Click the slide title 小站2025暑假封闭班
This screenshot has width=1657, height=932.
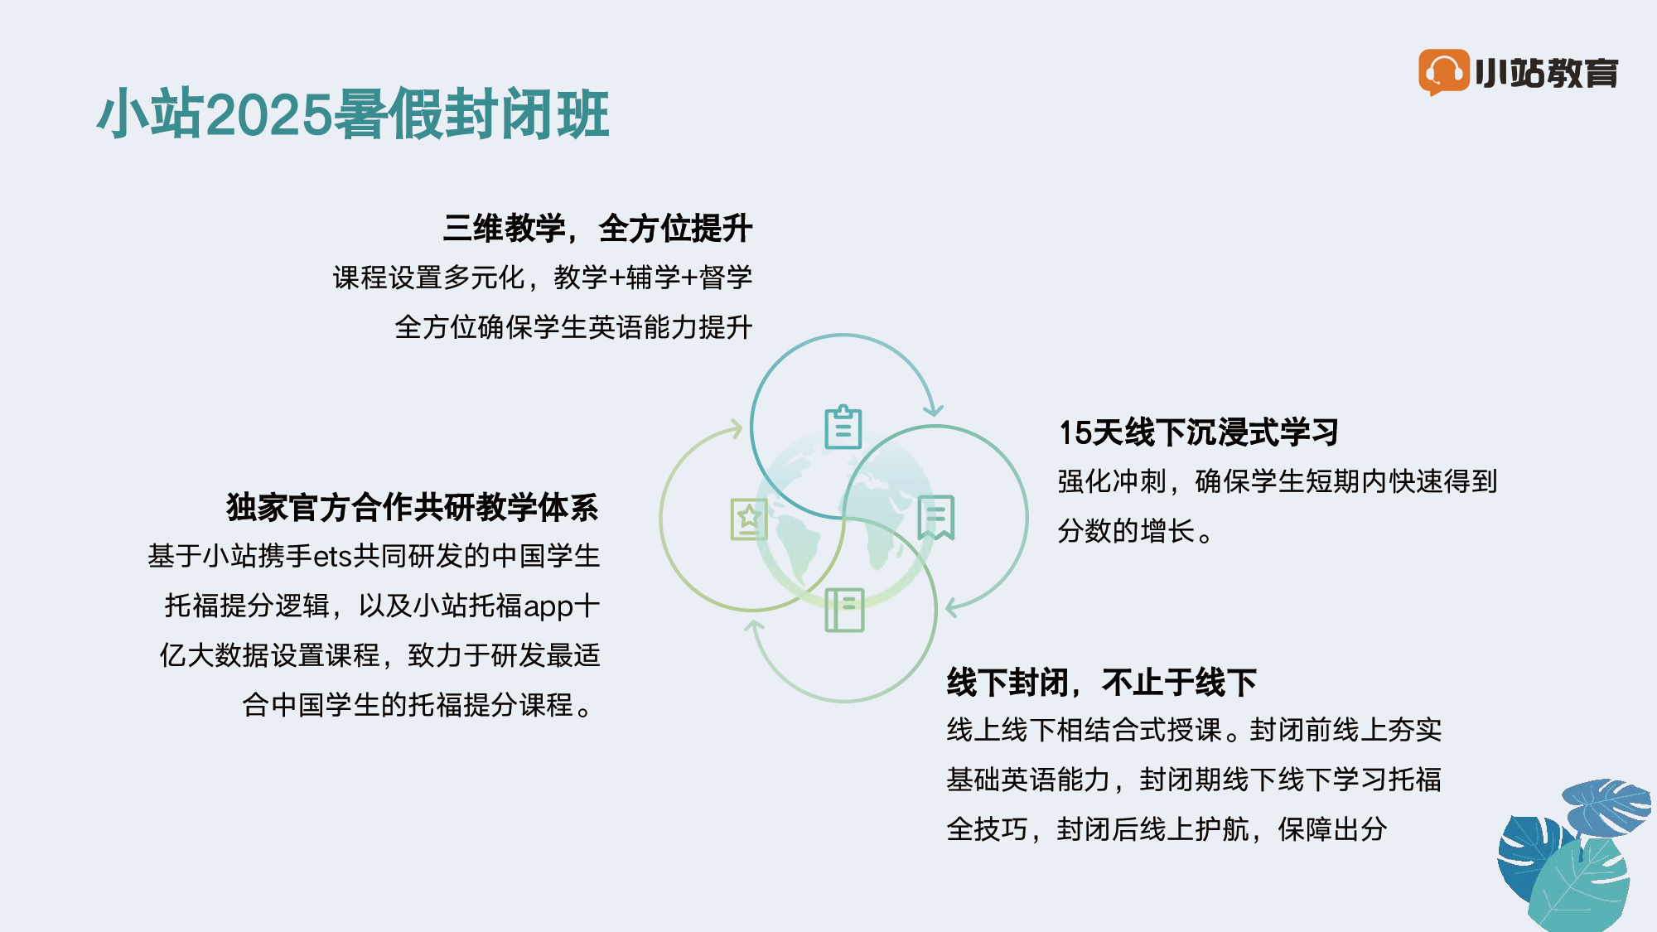tap(354, 113)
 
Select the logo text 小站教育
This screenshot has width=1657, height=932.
tap(1547, 73)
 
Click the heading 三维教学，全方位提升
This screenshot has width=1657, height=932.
tap(597, 228)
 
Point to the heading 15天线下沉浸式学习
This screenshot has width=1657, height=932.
tap(1199, 432)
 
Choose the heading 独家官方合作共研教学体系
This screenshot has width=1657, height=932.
tap(413, 507)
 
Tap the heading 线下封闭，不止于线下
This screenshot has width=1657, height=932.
tap(1102, 682)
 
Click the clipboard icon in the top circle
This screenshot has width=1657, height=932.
tap(843, 427)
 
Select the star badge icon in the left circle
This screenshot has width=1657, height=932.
tap(749, 519)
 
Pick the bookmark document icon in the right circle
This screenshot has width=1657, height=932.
tap(936, 518)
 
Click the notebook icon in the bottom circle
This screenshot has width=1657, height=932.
tap(844, 610)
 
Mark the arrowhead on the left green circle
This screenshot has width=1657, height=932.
tap(735, 428)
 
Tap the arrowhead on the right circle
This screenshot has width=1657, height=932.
tap(953, 607)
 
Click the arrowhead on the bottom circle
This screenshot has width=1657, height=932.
tap(754, 627)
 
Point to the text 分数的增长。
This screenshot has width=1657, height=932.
tap(1135, 531)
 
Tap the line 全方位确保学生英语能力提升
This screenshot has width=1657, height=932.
tap(573, 327)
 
